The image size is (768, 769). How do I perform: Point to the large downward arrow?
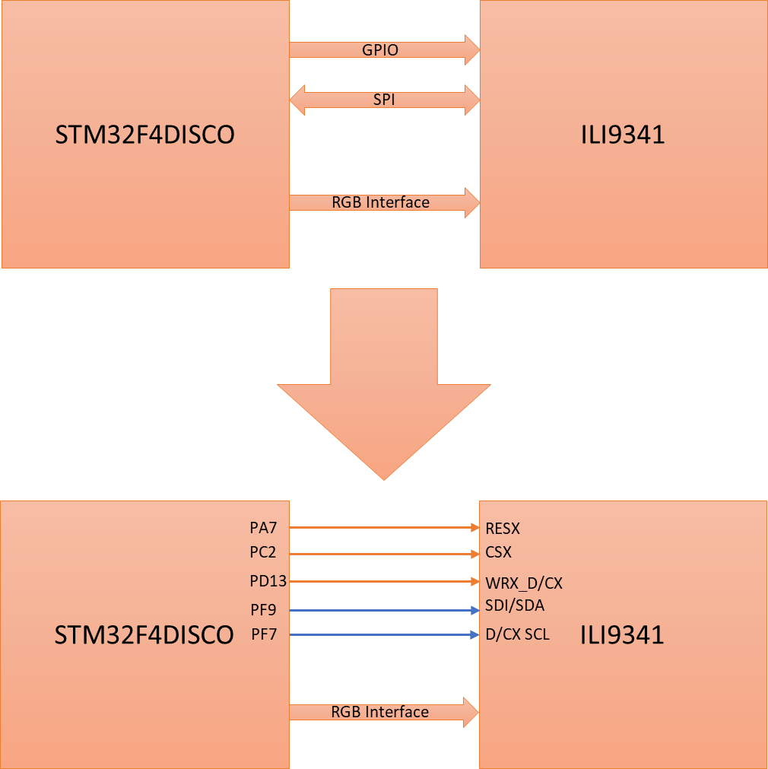384,380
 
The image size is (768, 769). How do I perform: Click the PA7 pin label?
264,527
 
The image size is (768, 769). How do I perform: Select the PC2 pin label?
263,553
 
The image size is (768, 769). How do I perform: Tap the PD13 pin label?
268,582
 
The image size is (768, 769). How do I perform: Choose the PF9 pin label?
264,610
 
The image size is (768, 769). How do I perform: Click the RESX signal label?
503,528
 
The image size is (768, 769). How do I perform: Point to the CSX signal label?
499,553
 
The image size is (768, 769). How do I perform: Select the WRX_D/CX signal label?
524,583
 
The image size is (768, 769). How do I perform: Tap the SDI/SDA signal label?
515,606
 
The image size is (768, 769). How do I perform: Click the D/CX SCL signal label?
517,634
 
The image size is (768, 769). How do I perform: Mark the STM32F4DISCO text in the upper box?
144,135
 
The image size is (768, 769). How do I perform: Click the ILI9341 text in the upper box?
623,135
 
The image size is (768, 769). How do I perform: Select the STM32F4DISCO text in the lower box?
144,634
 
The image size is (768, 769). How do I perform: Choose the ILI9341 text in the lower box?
622,634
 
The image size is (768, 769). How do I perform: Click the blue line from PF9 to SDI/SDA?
380,610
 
